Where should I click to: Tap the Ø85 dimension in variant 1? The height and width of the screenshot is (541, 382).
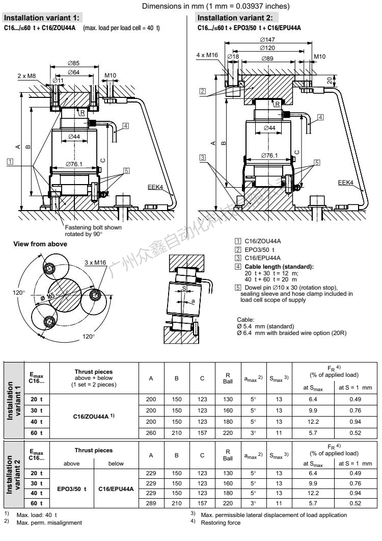(x=75, y=63)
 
